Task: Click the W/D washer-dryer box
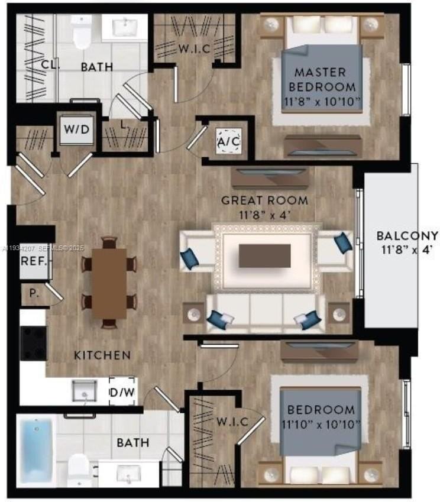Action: coord(77,129)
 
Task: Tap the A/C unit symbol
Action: coord(229,141)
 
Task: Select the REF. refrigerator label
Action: coord(34,261)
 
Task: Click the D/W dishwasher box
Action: coord(122,391)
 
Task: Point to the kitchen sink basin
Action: coord(84,391)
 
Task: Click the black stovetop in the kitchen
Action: coord(33,343)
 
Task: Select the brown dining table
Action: coord(109,283)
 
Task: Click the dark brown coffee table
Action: coord(265,256)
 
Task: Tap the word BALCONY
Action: coord(407,236)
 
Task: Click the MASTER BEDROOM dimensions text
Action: coord(322,102)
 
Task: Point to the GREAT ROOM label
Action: coord(264,200)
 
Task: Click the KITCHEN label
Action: coord(102,355)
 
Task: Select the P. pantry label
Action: coord(34,293)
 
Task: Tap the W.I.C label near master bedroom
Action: coord(195,48)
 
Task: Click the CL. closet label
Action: coord(50,65)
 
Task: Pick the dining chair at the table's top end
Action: coord(109,242)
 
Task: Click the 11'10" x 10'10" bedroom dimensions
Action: coord(321,425)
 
